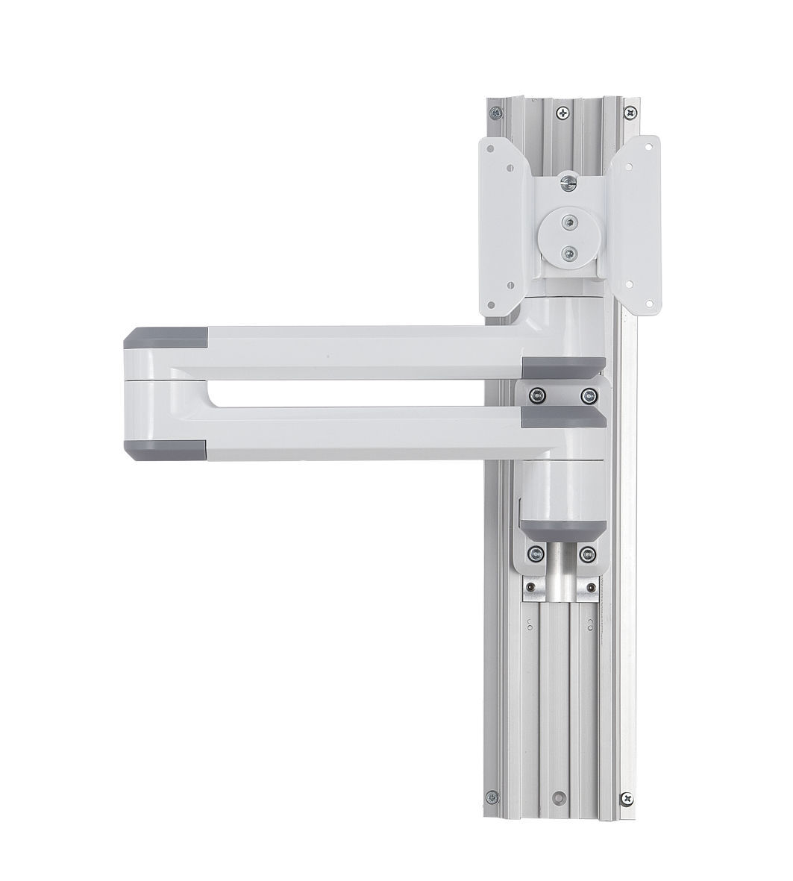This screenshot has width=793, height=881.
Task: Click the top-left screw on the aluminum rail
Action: (x=495, y=114)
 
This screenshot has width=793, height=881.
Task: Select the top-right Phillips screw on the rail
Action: (x=632, y=113)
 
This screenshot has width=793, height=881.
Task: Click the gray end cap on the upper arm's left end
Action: (x=166, y=340)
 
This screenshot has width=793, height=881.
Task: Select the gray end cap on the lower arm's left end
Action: (x=166, y=449)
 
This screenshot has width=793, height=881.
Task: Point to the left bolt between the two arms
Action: (x=535, y=393)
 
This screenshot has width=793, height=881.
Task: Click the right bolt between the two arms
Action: (x=589, y=393)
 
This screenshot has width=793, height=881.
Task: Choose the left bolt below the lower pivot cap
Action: (x=534, y=554)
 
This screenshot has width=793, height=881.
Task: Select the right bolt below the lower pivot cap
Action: (x=589, y=554)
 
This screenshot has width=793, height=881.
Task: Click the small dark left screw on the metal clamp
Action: (x=529, y=589)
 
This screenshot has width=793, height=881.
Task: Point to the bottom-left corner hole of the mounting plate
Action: (x=510, y=283)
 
